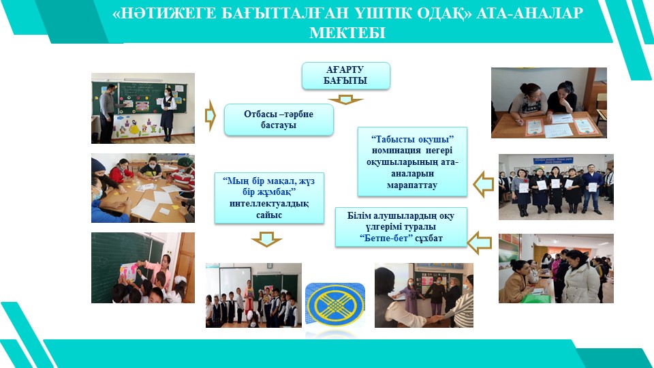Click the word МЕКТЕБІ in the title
(347, 33)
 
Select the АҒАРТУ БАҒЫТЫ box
(346, 76)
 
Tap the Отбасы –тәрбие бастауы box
(279, 120)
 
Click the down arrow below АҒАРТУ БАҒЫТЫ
(345, 99)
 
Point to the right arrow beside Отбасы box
(211, 116)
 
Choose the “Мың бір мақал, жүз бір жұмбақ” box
(269, 198)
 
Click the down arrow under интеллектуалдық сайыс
(266, 239)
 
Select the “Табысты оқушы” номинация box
(412, 162)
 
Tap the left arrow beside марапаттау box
(484, 184)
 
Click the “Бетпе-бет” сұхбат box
(401, 228)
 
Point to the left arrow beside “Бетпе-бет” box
(479, 242)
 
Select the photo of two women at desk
(549, 103)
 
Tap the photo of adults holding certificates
(556, 187)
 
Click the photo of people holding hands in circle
(424, 295)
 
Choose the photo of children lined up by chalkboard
(253, 295)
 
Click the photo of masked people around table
(143, 188)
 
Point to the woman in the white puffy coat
(580, 277)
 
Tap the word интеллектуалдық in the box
(269, 204)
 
